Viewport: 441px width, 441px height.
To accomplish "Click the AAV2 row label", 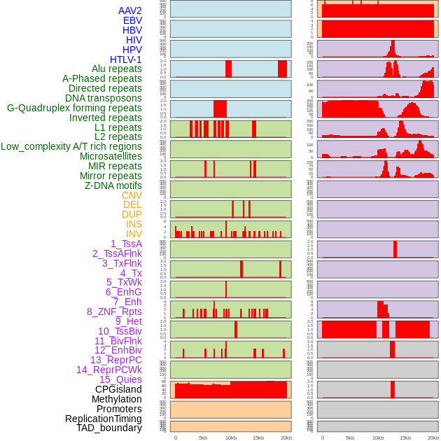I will click(130, 10).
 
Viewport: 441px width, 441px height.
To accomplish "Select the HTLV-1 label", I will click(126, 59).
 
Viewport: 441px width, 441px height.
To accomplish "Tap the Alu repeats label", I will click(117, 69).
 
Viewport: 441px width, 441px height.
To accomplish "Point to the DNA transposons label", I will click(104, 98).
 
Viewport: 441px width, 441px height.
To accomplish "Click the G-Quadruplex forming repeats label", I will click(74, 108).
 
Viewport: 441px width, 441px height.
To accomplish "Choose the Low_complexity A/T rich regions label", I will click(71, 146).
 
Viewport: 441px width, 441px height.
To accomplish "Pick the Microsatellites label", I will click(111, 156).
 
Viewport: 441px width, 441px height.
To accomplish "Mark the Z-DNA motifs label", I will click(113, 185).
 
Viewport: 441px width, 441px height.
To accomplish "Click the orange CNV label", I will click(132, 195).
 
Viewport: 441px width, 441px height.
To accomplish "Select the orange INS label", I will click(134, 224).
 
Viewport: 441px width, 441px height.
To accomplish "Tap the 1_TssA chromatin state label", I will click(126, 244).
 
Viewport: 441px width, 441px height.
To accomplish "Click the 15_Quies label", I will click(120, 379).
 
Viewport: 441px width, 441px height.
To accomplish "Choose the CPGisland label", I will click(118, 389).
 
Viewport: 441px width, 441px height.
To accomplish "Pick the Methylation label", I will click(117, 399).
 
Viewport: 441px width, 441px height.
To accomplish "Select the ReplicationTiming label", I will click(104, 419).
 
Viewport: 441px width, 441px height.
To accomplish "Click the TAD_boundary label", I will click(109, 428).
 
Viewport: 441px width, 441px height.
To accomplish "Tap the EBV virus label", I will click(132, 20).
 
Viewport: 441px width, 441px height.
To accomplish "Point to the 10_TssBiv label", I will click(120, 331).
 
